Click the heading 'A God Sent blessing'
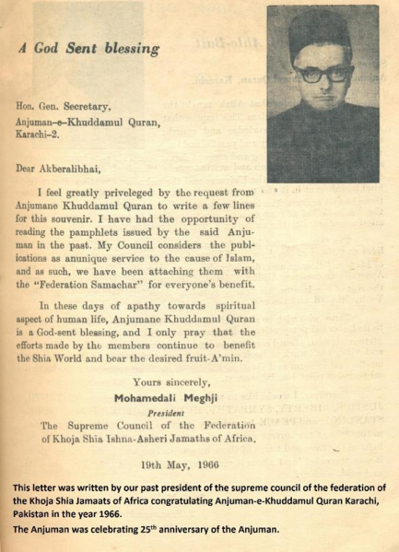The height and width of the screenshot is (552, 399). [88, 47]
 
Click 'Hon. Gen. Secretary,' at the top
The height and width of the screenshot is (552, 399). [66, 106]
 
